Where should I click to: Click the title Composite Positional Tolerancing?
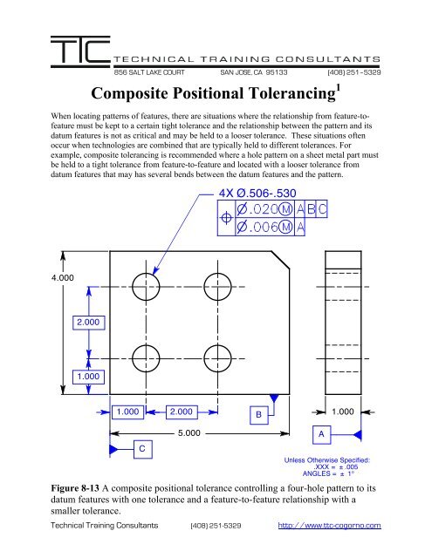(x=216, y=93)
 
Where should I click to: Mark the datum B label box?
(x=257, y=414)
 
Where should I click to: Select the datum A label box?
(x=323, y=432)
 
